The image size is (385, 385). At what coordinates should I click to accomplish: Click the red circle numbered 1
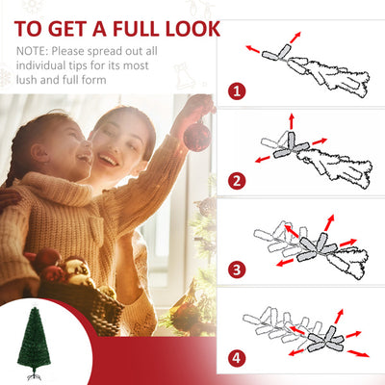[236, 93]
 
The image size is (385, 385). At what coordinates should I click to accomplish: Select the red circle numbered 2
[236, 180]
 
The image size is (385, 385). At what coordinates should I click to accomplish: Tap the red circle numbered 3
[236, 269]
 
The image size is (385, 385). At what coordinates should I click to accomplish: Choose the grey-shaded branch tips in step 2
[289, 144]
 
